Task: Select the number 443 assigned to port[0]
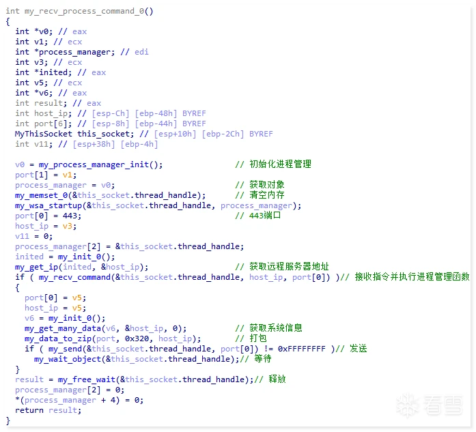tap(70, 216)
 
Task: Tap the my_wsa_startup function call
tap(48, 205)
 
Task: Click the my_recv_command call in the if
tap(74, 277)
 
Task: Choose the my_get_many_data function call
tap(63, 328)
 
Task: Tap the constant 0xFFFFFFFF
tap(301, 349)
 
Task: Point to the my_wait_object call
tap(68, 359)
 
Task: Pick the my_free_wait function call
tap(87, 380)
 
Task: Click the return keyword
tap(29, 410)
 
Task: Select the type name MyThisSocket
tap(44, 134)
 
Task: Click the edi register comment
tap(141, 52)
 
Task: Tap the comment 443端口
tap(265, 216)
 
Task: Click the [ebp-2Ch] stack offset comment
tap(223, 134)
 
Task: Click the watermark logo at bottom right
tap(430, 405)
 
